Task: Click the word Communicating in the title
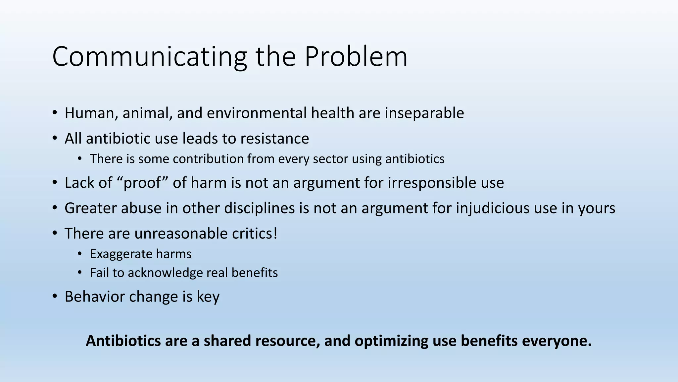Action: click(x=149, y=57)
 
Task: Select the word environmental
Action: click(x=257, y=113)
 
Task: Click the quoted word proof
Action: click(x=142, y=183)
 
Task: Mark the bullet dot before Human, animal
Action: click(x=55, y=113)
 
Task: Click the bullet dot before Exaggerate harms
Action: click(x=80, y=254)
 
